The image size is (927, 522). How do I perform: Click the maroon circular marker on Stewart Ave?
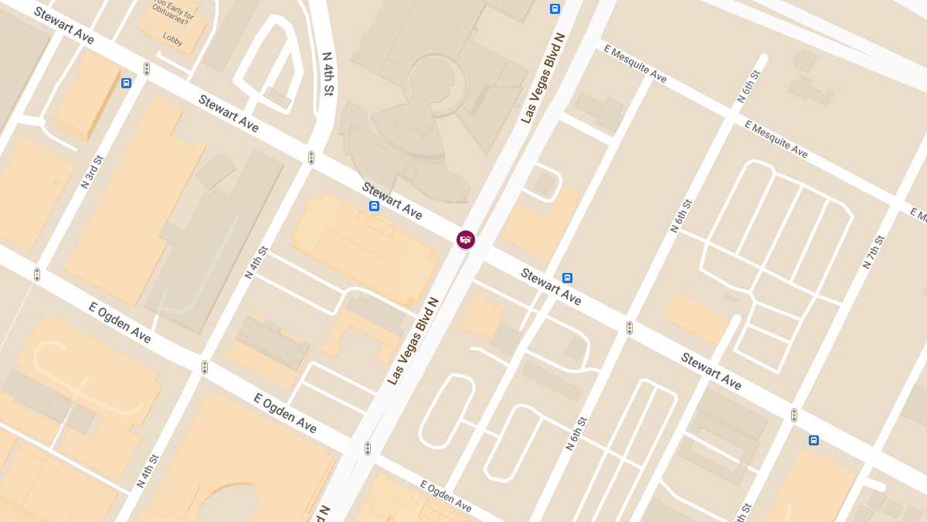click(x=465, y=240)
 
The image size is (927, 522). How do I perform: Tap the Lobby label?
click(x=172, y=40)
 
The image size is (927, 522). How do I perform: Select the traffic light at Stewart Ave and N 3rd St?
click(x=146, y=69)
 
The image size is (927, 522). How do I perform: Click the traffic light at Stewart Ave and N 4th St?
click(x=311, y=158)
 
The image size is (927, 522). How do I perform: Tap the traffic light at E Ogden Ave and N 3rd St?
click(x=36, y=275)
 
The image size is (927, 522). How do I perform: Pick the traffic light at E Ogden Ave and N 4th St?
click(x=205, y=367)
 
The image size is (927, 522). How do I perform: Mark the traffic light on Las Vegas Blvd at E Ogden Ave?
click(x=368, y=449)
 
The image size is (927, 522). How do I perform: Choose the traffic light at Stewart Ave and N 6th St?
click(x=630, y=328)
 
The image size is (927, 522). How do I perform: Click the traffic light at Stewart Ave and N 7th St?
click(x=793, y=415)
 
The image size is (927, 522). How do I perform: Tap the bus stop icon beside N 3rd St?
click(x=126, y=83)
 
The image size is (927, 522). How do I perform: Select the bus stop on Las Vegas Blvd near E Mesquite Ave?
click(x=555, y=9)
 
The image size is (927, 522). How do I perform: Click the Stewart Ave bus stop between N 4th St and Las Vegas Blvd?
click(x=374, y=206)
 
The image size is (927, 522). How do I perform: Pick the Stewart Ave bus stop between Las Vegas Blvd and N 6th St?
click(x=568, y=278)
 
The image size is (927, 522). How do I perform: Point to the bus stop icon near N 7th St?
click(x=813, y=440)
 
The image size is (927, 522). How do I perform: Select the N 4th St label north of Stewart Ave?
click(x=327, y=74)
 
